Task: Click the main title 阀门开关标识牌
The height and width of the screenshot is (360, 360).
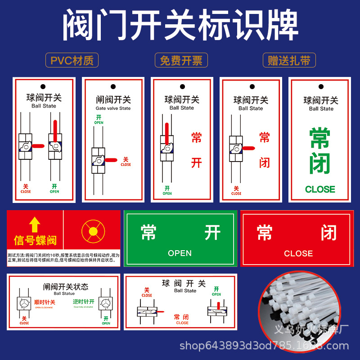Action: click(x=180, y=26)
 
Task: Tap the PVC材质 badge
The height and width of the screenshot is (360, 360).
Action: click(x=72, y=60)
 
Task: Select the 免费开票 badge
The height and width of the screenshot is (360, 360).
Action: click(x=181, y=60)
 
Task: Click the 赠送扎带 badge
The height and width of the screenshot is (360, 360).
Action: click(x=289, y=60)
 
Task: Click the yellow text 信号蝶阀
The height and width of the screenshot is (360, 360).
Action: click(x=35, y=240)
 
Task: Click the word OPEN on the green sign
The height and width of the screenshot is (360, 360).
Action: click(x=180, y=253)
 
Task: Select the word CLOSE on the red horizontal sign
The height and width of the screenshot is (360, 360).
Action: click(x=298, y=254)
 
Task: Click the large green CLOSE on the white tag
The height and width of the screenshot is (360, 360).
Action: click(x=320, y=189)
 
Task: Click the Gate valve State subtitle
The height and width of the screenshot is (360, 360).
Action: click(x=113, y=108)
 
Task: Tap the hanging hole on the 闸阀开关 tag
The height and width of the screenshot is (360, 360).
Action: click(x=113, y=85)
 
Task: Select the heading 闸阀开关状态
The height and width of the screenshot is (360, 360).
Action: click(x=66, y=287)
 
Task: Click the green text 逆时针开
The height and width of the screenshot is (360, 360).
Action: click(x=84, y=302)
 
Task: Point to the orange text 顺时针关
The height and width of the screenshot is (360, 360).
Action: click(x=45, y=302)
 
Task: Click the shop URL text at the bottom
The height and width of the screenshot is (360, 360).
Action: click(x=264, y=346)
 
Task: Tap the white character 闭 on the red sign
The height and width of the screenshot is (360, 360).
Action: click(x=329, y=233)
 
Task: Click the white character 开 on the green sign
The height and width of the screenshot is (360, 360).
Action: click(x=212, y=233)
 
